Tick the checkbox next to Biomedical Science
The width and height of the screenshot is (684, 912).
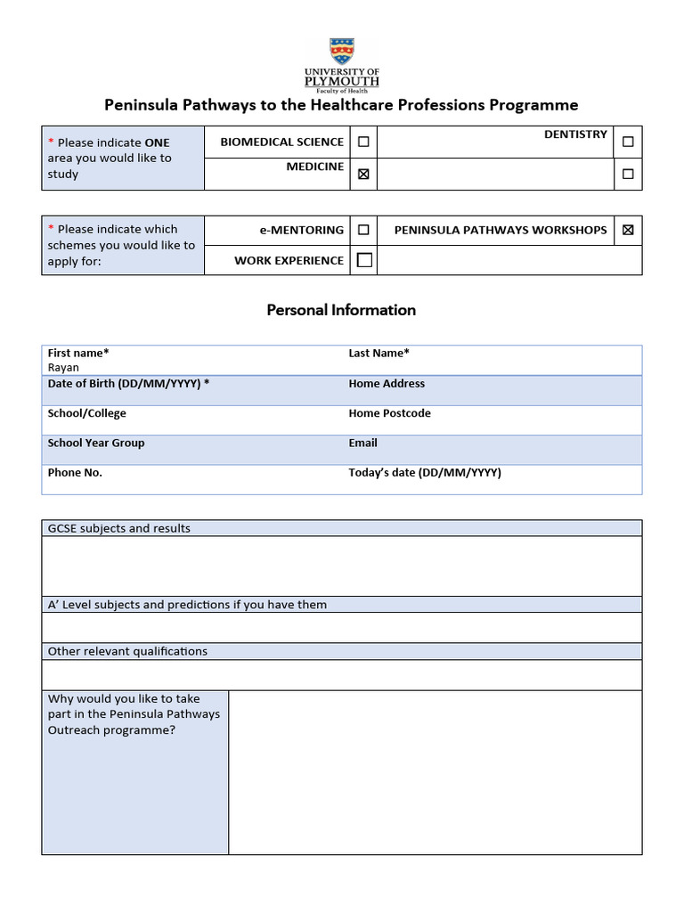point(363,142)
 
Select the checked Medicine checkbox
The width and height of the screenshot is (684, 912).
point(363,175)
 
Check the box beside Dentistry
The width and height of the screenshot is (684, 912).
point(628,142)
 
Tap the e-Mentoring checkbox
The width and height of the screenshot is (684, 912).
point(363,230)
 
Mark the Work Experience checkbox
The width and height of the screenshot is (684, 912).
point(364,260)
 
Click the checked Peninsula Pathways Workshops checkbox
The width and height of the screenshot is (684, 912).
point(628,230)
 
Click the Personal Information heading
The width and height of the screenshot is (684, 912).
point(341,310)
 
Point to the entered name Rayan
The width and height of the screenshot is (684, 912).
point(63,368)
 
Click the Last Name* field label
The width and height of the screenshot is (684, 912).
point(379,353)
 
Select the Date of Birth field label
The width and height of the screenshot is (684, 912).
point(128,383)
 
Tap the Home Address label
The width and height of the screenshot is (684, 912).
point(387,383)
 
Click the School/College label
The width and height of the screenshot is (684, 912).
point(86,413)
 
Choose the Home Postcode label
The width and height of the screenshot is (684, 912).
point(389,413)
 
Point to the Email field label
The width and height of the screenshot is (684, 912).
point(362,443)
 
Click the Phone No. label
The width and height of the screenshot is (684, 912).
point(75,473)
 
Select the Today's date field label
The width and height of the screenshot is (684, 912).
point(425,473)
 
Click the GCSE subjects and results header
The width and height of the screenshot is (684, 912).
point(118,528)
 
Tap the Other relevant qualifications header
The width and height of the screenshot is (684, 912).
point(127,651)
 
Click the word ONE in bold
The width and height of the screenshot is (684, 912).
point(157,142)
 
